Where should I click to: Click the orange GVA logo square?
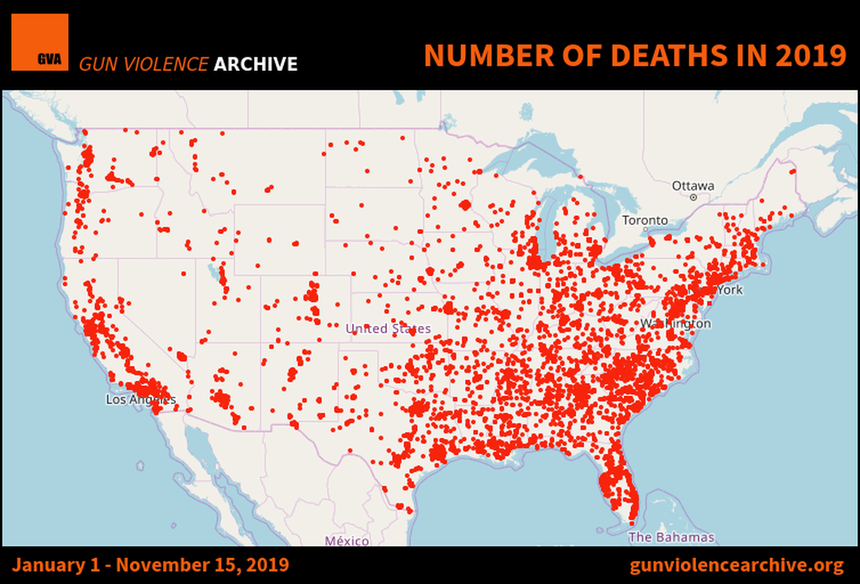[39, 42]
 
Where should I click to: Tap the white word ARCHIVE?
[256, 64]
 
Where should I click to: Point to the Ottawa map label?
[693, 186]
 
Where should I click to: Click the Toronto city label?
[644, 220]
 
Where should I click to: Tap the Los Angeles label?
[140, 400]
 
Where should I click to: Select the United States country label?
[388, 328]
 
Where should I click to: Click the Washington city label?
[675, 323]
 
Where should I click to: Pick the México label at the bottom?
[347, 541]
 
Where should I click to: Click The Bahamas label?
[671, 537]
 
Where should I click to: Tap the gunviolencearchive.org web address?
[736, 565]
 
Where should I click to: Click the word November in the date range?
[152, 565]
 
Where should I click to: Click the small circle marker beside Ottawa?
[693, 198]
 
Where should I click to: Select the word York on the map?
[729, 290]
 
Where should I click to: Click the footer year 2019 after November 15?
[268, 565]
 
